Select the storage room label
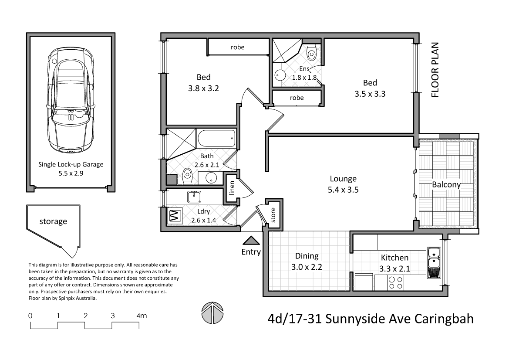(x=53, y=221)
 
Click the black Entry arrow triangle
(x=250, y=240)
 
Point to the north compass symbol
(x=212, y=312)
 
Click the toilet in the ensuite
(x=312, y=53)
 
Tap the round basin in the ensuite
(x=279, y=76)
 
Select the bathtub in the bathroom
(x=216, y=139)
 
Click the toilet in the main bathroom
(x=187, y=177)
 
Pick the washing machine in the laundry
(x=174, y=216)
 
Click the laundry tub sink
(x=194, y=197)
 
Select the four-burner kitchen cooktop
(x=395, y=283)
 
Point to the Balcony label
(x=446, y=184)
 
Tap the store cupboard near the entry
(x=273, y=215)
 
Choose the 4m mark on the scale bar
(x=142, y=316)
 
